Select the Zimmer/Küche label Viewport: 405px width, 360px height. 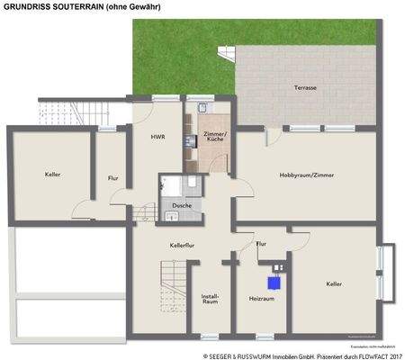tap(215, 137)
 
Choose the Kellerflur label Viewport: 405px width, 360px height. tap(183, 245)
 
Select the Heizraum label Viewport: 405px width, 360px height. tap(260, 301)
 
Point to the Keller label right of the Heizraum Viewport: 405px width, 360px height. tap(334, 283)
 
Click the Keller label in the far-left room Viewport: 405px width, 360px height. tap(52, 175)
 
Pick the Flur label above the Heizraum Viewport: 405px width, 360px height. tap(261, 244)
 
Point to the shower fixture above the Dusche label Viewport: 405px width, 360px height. tap(169, 187)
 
